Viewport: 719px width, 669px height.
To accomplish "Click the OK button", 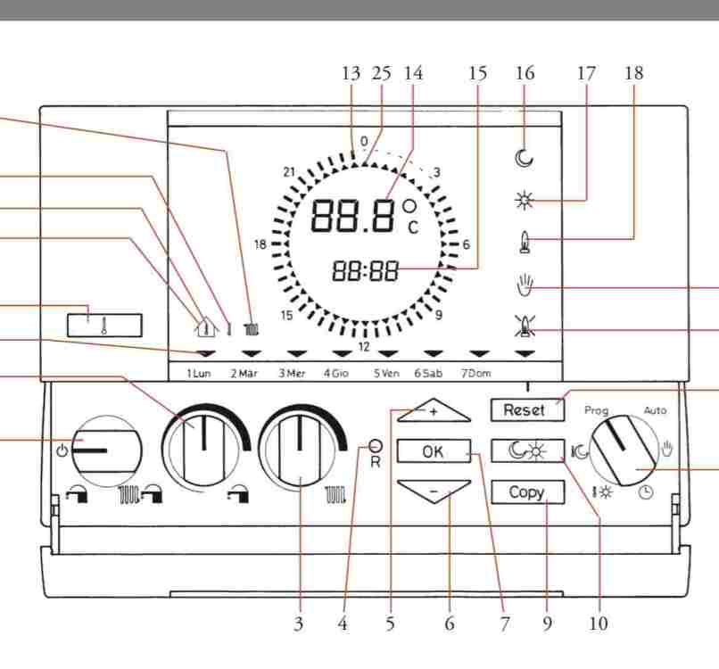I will [x=433, y=452].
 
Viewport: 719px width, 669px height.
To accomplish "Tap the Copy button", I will [x=526, y=491].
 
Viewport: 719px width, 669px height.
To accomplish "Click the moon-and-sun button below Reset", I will [x=526, y=450].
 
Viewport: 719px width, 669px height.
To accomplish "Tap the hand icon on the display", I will [x=524, y=288].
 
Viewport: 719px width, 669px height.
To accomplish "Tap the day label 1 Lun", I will [x=198, y=374].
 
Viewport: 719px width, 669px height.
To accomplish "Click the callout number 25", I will [x=381, y=73].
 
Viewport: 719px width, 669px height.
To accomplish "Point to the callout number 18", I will [x=633, y=73].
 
